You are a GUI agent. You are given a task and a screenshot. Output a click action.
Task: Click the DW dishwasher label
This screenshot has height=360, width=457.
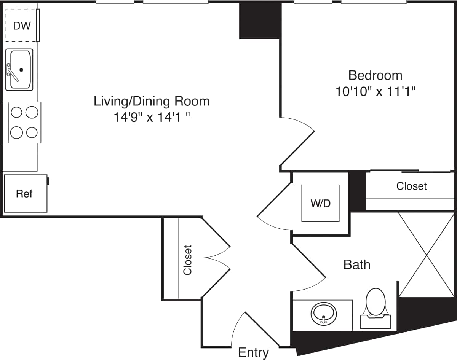pos(22,26)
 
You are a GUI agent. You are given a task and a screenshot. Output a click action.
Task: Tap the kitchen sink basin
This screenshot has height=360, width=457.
pos(20,70)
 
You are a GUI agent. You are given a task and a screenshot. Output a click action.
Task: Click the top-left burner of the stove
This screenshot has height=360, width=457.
pos(16,112)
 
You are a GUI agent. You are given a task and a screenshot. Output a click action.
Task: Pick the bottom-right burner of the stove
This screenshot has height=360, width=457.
pos(32,132)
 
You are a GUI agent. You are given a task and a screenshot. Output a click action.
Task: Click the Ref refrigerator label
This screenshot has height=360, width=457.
pos(24,194)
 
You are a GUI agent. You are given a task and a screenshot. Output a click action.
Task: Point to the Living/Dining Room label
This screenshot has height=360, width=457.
pos(152,101)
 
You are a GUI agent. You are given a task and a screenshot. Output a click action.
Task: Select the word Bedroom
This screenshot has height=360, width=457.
pos(375,75)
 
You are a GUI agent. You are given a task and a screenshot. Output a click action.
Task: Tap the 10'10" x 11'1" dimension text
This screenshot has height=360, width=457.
pos(375,91)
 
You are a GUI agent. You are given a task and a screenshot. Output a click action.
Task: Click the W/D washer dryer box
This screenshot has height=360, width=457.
pos(320,203)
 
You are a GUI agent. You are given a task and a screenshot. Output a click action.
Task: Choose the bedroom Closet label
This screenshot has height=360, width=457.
pos(411,186)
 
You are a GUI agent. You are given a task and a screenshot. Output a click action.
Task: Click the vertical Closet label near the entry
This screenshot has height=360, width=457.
pos(187,260)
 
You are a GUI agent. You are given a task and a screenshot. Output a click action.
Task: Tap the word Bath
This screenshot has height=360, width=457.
pos(357,264)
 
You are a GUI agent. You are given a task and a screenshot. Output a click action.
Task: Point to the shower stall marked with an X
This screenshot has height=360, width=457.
pos(426,255)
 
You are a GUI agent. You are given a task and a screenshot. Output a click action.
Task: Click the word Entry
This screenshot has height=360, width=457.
pos(253,352)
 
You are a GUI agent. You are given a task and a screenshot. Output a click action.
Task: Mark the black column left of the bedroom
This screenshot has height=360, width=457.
pos(260,21)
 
